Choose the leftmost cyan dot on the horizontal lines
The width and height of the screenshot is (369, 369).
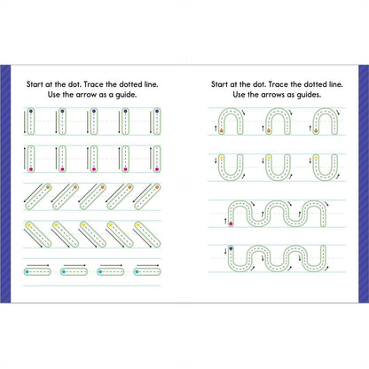point(27,270)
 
